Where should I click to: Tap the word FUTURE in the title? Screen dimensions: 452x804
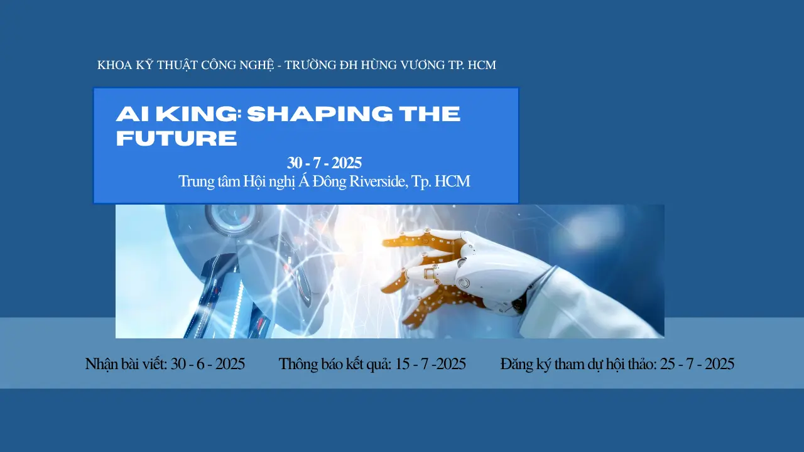pos(177,138)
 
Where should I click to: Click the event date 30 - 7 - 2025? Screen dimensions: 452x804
pos(324,163)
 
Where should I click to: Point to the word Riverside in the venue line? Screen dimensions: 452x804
pos(378,181)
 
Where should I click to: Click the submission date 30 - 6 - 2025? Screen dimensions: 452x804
pos(207,364)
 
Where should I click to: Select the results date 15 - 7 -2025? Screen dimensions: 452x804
pos(430,364)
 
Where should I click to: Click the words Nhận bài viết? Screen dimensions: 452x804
pos(126,364)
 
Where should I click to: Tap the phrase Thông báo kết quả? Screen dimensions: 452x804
pos(335,364)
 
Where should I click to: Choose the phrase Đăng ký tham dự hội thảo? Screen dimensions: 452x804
pos(579,364)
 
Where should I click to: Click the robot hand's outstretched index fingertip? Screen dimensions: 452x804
pos(386,240)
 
